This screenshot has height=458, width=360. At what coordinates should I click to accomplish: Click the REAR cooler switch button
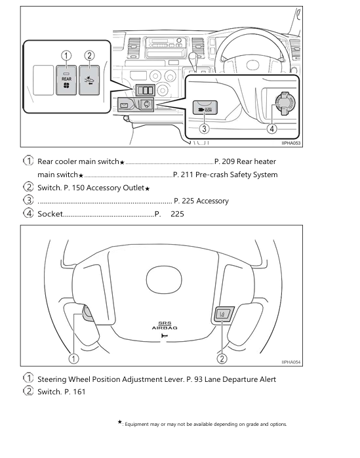click(66, 80)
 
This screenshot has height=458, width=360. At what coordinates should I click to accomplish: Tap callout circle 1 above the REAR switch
click(66, 56)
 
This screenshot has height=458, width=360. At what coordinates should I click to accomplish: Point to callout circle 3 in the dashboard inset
click(205, 129)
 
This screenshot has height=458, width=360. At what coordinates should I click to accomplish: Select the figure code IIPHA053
click(292, 143)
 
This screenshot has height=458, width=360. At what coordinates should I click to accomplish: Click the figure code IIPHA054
click(292, 362)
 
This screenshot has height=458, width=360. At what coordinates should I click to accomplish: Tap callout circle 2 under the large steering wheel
click(222, 358)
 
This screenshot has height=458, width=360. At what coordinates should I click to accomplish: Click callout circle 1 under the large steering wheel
click(74, 358)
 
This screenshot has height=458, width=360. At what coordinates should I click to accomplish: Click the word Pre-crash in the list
click(211, 175)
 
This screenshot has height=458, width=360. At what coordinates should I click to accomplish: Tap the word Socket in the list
click(50, 214)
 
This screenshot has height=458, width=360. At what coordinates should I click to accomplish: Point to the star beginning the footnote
click(119, 423)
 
